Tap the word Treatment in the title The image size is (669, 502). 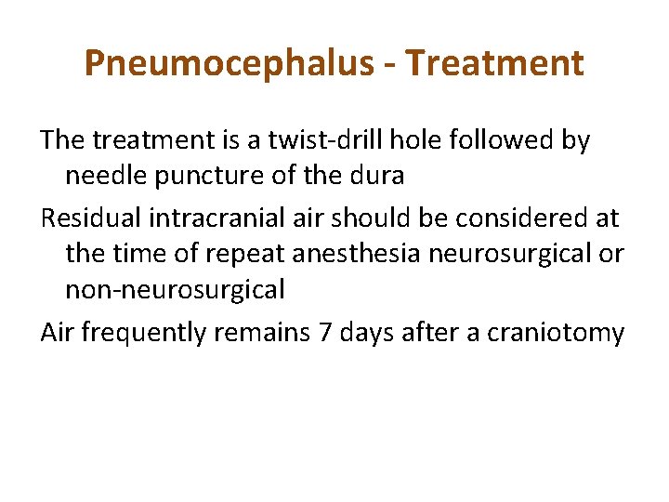click(495, 63)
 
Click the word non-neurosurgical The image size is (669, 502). click(175, 289)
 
